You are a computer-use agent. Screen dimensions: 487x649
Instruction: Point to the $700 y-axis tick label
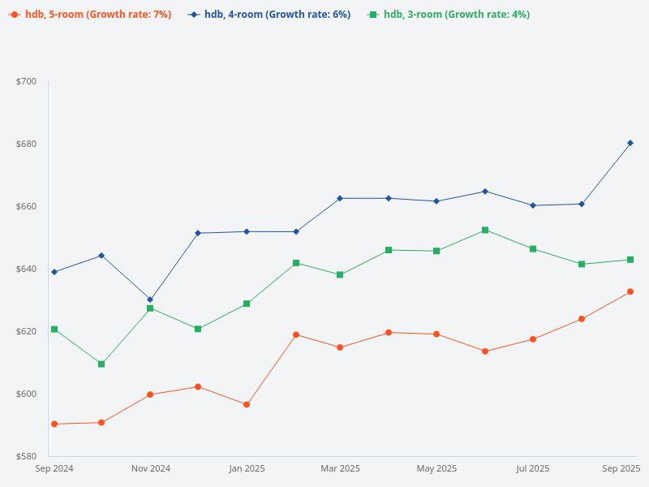pos(27,81)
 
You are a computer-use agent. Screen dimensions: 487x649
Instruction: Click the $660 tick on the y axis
pos(27,206)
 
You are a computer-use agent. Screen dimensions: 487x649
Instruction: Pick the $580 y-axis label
pos(27,456)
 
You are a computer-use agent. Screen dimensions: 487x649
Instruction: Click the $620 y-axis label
pos(27,331)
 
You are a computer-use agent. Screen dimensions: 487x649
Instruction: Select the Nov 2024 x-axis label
pos(151,468)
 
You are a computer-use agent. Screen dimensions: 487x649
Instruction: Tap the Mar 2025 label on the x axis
pos(341,468)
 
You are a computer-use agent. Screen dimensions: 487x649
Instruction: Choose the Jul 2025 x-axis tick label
pos(533,468)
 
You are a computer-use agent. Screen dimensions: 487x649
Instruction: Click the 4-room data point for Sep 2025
pos(630,143)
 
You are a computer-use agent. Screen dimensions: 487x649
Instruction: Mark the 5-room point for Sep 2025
pos(630,291)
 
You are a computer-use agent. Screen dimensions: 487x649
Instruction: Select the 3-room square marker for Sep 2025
pos(630,260)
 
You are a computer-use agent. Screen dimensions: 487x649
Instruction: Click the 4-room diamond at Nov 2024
pos(150,300)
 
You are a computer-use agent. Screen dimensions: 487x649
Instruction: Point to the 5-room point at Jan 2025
pos(247,404)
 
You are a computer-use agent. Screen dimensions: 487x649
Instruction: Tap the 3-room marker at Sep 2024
pos(54,329)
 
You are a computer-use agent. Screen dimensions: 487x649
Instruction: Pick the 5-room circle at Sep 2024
pos(54,424)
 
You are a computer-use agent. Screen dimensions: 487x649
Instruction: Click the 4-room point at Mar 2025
pos(340,198)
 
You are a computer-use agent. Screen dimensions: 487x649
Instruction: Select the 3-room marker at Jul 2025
pos(533,248)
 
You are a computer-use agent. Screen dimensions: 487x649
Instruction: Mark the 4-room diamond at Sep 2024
pos(54,272)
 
